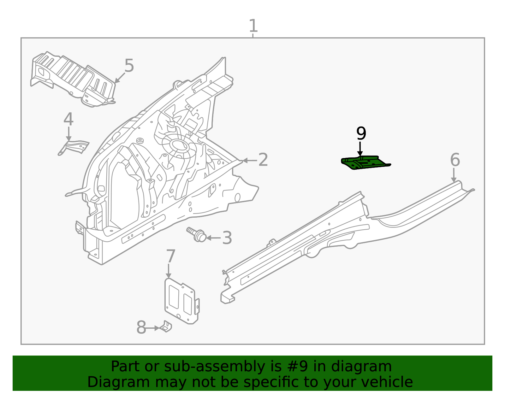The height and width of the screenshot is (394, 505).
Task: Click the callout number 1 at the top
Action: coord(253,26)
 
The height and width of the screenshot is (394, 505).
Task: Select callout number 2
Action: coord(263,160)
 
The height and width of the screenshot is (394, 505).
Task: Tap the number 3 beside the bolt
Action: coord(227,238)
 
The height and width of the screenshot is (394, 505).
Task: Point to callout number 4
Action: coord(68,120)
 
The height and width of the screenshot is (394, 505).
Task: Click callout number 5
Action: coord(129,66)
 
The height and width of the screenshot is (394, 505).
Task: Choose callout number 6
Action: coord(455,160)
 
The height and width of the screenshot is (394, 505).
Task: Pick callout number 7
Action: coord(170,256)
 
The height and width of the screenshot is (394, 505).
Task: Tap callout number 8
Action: coord(141,328)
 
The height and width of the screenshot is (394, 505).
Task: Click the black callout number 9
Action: coord(361,133)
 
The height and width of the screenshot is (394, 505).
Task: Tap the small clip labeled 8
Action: coord(166,327)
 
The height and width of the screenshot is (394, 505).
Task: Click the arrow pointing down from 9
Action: coord(360,149)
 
